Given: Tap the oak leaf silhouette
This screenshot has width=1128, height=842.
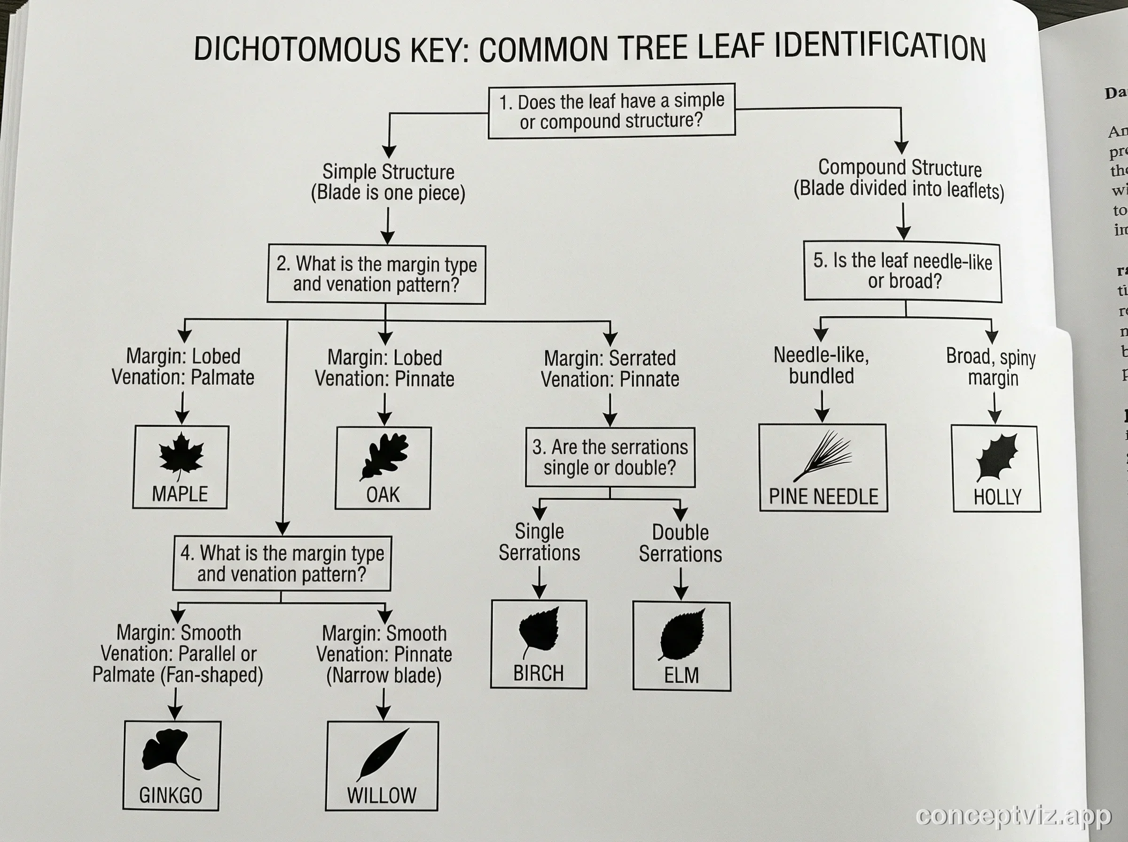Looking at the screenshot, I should pyautogui.click(x=384, y=455).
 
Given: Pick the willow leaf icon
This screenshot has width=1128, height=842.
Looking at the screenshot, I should pyautogui.click(x=382, y=754).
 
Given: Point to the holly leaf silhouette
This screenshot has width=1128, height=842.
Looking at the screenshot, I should pyautogui.click(x=996, y=456).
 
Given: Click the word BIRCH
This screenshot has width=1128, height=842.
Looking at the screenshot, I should pyautogui.click(x=538, y=673).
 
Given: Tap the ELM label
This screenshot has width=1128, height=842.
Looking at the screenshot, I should pyautogui.click(x=681, y=675).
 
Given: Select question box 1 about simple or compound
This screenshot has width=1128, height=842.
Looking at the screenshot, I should pyautogui.click(x=611, y=111).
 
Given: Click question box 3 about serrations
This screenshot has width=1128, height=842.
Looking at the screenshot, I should pyautogui.click(x=610, y=457).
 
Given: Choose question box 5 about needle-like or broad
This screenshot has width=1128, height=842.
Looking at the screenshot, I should pyautogui.click(x=903, y=271).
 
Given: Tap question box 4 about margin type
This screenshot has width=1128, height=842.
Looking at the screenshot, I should pyautogui.click(x=282, y=563).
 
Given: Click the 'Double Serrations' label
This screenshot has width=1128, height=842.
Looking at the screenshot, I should pyautogui.click(x=681, y=543).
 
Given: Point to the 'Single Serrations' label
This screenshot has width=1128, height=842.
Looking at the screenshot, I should pyautogui.click(x=539, y=542).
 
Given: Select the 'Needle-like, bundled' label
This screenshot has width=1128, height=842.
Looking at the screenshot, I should pyautogui.click(x=821, y=366).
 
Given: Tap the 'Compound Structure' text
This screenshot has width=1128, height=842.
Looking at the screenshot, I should pyautogui.click(x=900, y=168).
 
